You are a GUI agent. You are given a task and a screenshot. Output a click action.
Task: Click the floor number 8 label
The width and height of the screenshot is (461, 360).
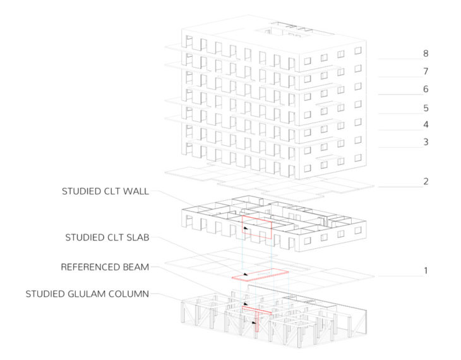(426, 54)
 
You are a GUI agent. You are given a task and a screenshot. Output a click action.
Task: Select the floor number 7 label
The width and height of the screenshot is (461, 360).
(426, 71)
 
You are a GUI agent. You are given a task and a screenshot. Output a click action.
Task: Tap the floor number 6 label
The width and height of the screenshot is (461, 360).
(426, 89)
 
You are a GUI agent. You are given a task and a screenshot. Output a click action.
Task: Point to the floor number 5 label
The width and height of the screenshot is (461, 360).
(426, 107)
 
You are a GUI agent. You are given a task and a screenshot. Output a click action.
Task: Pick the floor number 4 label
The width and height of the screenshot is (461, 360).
(426, 124)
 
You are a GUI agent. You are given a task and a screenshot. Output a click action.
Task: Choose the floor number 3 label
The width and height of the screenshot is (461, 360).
(426, 142)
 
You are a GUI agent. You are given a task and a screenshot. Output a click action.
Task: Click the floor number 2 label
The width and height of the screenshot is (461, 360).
(426, 181)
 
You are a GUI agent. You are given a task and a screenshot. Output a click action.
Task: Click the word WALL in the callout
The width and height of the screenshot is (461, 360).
(136, 191)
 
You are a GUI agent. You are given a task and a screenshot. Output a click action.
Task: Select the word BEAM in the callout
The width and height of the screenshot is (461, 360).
(135, 267)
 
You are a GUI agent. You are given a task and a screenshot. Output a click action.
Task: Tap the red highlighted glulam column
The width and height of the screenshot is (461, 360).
(256, 324)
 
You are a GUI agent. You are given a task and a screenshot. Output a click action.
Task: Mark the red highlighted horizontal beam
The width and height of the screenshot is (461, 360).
(257, 310)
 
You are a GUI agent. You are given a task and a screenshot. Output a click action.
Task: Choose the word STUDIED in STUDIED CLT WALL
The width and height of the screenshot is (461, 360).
(82, 191)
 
